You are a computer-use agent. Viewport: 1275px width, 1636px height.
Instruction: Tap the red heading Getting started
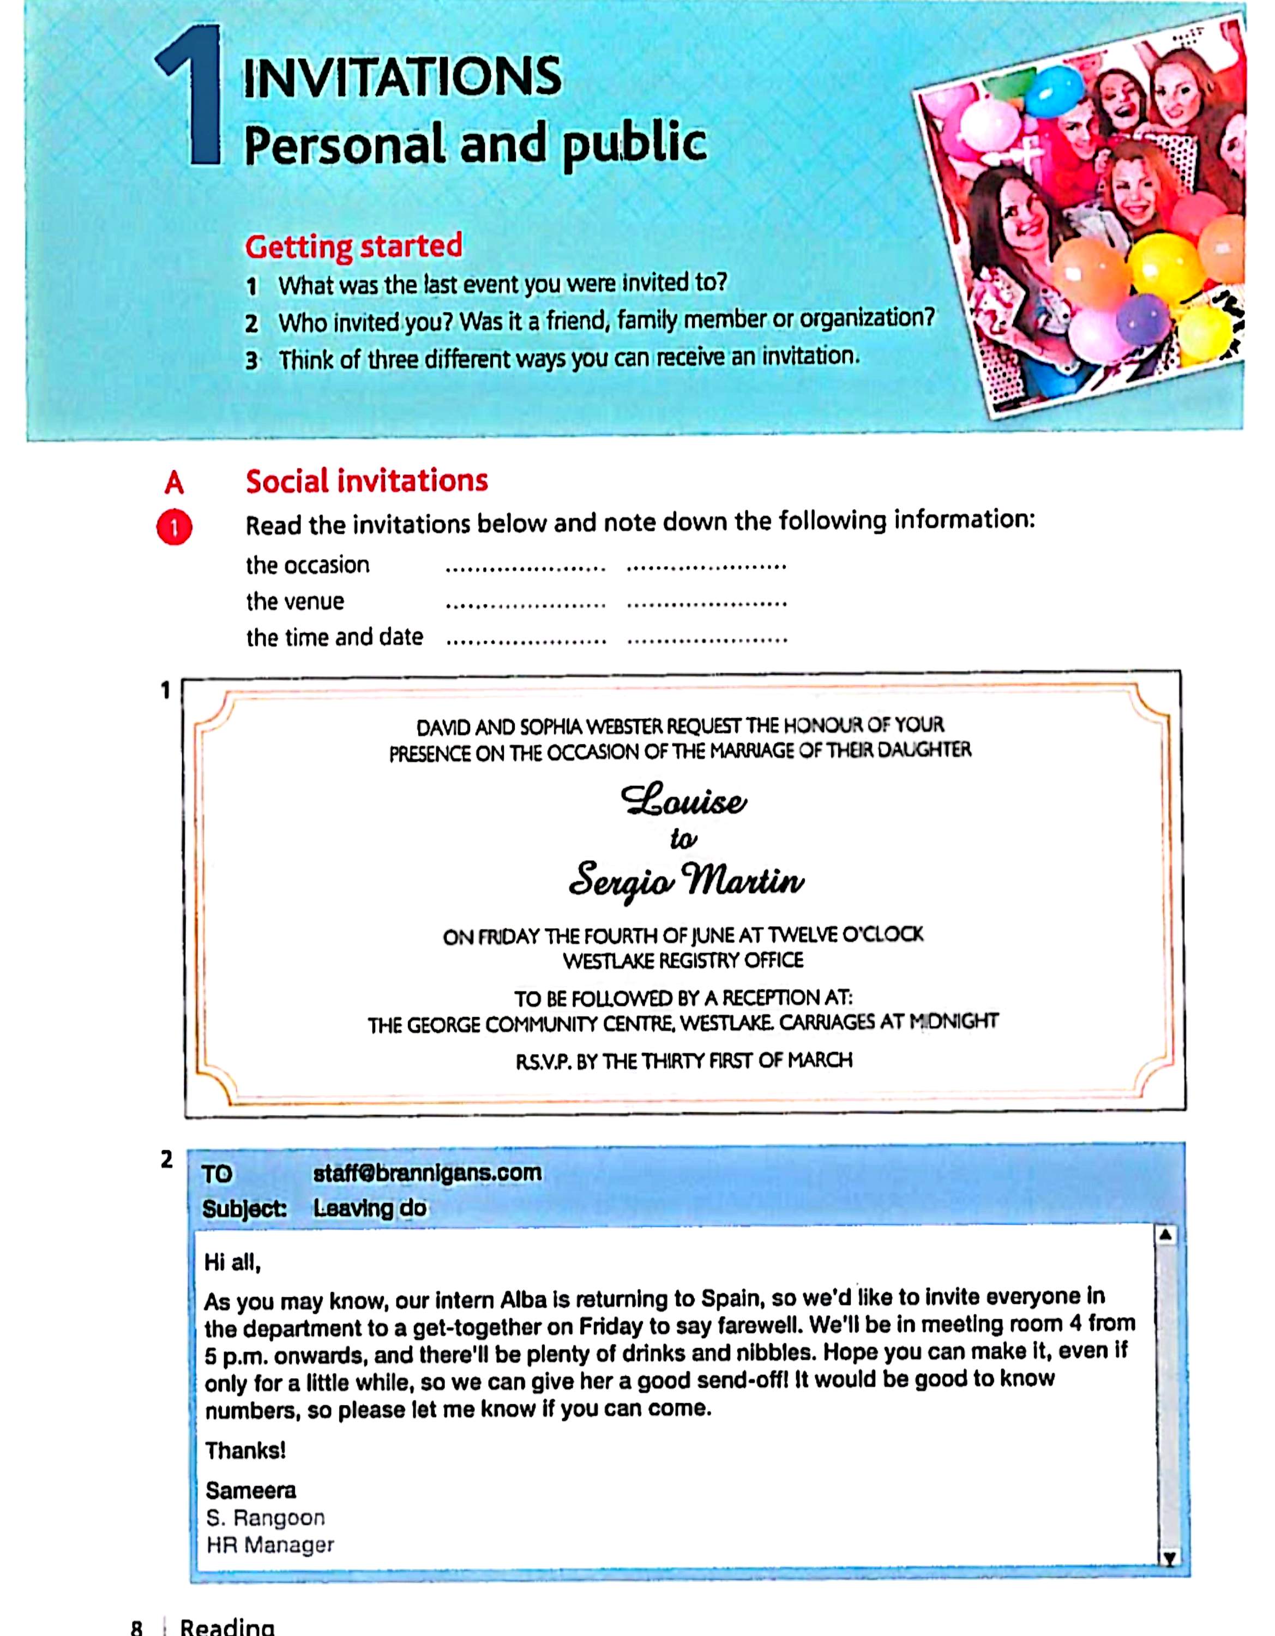pyautogui.click(x=353, y=246)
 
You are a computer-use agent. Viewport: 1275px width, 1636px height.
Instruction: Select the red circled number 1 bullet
pyautogui.click(x=174, y=528)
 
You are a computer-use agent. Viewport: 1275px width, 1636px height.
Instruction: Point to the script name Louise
pyautogui.click(x=683, y=801)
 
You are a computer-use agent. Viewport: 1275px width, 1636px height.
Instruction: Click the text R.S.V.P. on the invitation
pyautogui.click(x=543, y=1061)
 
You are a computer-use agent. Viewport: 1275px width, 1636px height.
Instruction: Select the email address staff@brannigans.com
pyautogui.click(x=427, y=1173)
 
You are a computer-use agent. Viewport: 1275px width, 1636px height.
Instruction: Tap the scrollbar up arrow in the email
pyautogui.click(x=1165, y=1235)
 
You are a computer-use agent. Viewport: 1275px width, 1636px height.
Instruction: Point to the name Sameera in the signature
pyautogui.click(x=251, y=1491)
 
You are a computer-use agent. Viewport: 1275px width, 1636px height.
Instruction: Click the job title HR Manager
pyautogui.click(x=270, y=1544)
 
